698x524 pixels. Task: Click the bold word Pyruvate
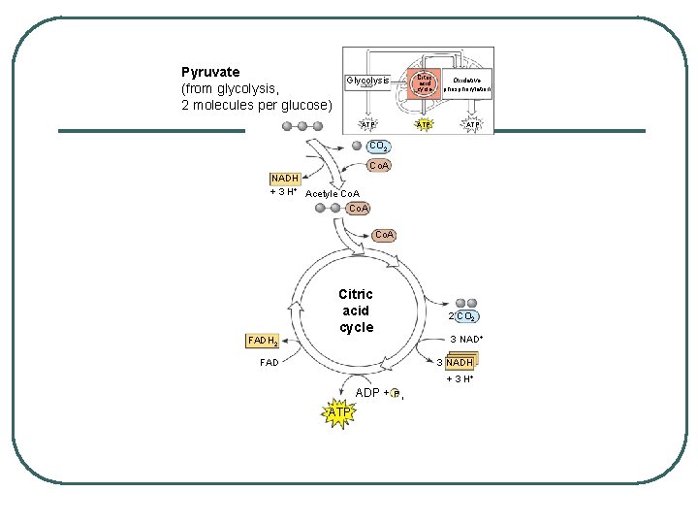point(210,72)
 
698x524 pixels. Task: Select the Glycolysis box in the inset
point(367,81)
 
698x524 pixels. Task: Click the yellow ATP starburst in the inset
point(424,125)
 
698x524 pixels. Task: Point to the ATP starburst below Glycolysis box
point(367,125)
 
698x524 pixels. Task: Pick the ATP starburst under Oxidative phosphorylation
point(472,125)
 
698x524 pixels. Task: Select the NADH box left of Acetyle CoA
point(285,179)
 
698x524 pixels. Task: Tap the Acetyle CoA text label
point(332,194)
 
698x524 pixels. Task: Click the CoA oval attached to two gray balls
point(358,208)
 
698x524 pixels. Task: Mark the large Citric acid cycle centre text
point(356,311)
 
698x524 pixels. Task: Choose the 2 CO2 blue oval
point(467,316)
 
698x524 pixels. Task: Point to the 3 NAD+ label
point(466,339)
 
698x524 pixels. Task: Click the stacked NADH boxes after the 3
point(460,363)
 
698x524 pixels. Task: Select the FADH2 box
point(263,342)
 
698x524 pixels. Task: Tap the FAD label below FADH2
point(269,363)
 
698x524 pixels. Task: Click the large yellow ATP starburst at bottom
point(339,413)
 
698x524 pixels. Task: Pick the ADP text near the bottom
point(367,393)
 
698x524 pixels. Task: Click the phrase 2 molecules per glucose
point(257,104)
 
